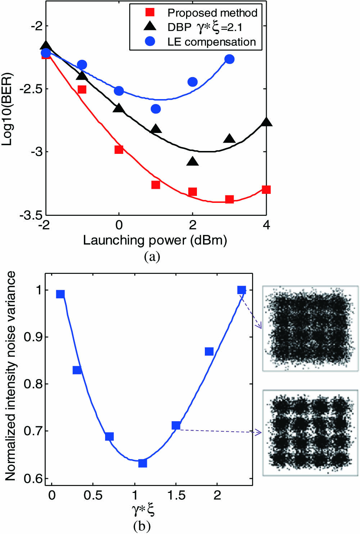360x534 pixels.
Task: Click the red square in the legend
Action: (x=150, y=13)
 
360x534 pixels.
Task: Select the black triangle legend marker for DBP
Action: (x=150, y=26)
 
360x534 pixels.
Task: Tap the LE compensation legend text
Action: (x=212, y=42)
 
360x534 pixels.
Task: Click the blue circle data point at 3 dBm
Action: (x=229, y=59)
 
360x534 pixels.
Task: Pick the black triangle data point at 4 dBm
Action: (x=266, y=122)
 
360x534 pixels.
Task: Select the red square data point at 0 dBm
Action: (x=119, y=150)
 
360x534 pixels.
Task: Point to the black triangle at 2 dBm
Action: (x=193, y=161)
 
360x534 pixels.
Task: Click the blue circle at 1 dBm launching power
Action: (x=156, y=109)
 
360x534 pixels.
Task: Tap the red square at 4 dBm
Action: (x=266, y=190)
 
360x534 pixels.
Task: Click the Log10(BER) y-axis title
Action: (x=7, y=109)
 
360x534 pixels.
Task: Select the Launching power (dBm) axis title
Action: (x=155, y=240)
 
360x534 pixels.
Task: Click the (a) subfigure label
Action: (x=152, y=257)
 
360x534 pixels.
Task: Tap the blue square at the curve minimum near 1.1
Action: (x=143, y=463)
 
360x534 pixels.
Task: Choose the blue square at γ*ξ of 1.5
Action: (x=176, y=426)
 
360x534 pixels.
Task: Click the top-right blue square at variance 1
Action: (x=242, y=290)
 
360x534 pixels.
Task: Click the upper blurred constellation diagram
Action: (x=310, y=328)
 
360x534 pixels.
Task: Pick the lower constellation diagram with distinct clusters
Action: (x=310, y=433)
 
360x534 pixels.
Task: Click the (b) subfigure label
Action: (x=141, y=526)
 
